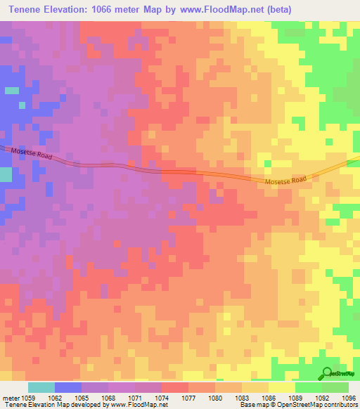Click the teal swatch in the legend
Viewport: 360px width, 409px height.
(41, 387)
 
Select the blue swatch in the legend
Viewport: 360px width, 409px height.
(67, 387)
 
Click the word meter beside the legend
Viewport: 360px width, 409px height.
(10, 397)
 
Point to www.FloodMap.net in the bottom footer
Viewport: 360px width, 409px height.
(134, 405)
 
